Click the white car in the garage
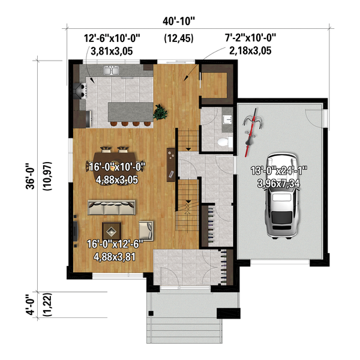pos(281,197)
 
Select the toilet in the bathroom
pos(224,142)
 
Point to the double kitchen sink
pos(113,71)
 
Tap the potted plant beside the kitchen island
pos(160,112)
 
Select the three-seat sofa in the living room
pos(111,208)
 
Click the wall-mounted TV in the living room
pos(76,231)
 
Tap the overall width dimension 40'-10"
pos(179,22)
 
